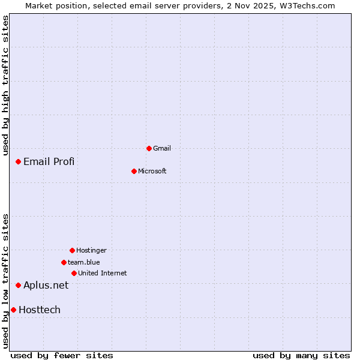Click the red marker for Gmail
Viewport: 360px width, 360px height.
coord(149,148)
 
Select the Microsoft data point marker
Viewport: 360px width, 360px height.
coord(134,171)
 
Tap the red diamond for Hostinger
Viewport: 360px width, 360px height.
coord(72,250)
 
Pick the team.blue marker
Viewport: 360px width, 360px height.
coord(64,262)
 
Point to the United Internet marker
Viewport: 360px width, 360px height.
coord(74,273)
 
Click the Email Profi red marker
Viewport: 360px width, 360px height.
coord(19,161)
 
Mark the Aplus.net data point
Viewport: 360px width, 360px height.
coord(19,285)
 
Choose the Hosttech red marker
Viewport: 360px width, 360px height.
coord(13,310)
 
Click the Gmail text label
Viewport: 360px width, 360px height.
coord(162,148)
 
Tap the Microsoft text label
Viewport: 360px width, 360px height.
coord(152,171)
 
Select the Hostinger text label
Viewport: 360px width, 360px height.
coord(91,250)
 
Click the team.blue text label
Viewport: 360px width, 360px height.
coord(84,262)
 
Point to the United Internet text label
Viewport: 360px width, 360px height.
coord(103,273)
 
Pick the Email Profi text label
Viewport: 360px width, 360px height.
coord(49,161)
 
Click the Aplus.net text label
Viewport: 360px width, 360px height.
coord(46,285)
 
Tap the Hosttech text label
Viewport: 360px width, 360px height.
coord(40,310)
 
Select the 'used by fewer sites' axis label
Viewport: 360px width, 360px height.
coord(62,355)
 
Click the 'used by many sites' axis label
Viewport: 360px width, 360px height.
coord(301,355)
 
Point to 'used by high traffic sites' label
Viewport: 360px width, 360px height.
coord(5,85)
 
